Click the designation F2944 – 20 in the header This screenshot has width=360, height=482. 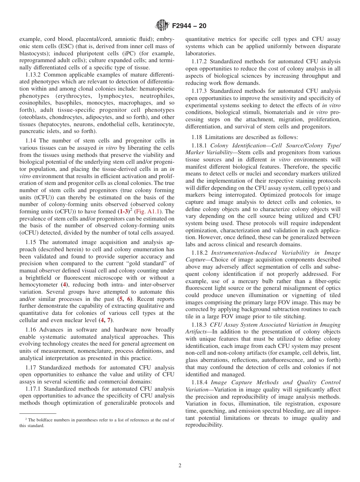click(x=189, y=26)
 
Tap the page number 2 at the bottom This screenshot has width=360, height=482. click(x=180, y=466)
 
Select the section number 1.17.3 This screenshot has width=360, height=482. click(x=201, y=91)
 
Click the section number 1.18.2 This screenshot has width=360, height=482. click(x=201, y=253)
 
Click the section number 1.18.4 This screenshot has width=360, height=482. click(x=201, y=383)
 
